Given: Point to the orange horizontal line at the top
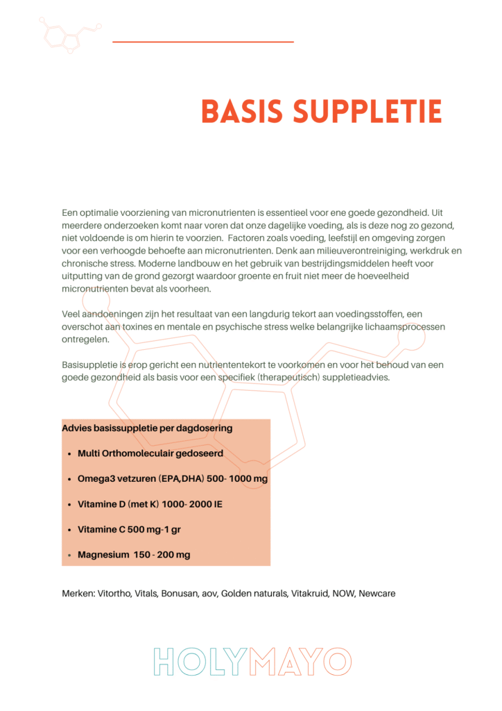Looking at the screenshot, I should (x=202, y=42).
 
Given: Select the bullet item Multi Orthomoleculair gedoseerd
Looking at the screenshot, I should (x=150, y=453).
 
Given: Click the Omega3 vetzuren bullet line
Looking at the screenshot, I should (x=173, y=479).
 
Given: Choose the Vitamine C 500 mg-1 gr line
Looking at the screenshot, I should (x=129, y=529).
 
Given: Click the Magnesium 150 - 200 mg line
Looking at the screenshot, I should (x=134, y=555).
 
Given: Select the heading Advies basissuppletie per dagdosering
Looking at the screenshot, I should (x=147, y=428).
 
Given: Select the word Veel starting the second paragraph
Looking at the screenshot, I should (x=72, y=314).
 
